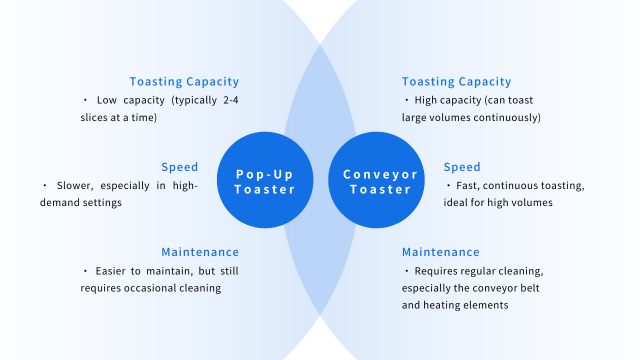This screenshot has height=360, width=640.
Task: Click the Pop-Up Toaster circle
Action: tap(265, 181)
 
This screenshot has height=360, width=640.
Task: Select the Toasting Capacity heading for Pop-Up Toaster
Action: tap(184, 82)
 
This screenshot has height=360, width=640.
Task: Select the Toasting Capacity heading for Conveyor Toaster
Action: tap(456, 82)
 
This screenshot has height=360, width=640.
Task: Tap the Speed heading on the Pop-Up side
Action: tap(180, 167)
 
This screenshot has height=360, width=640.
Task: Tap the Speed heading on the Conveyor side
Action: tap(462, 167)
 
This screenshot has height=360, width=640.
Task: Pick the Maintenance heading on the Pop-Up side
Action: tap(200, 252)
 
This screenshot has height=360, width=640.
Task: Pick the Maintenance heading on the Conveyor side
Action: tap(441, 252)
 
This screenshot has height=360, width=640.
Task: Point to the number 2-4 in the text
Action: tap(227, 101)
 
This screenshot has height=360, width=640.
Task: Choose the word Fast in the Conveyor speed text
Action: tap(471, 186)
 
